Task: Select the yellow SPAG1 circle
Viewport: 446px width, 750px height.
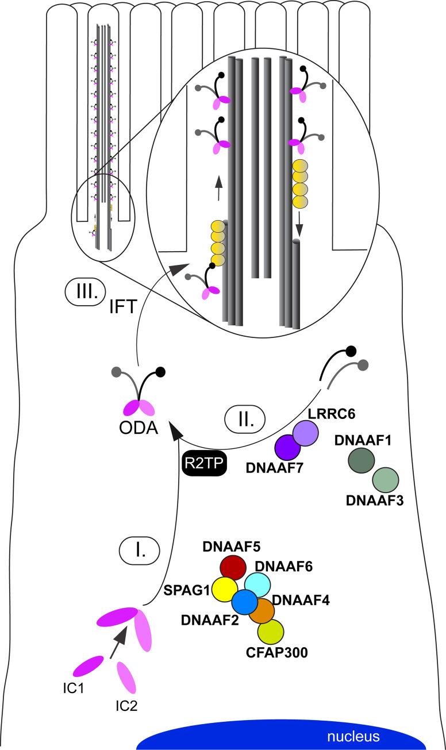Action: [226, 590]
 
